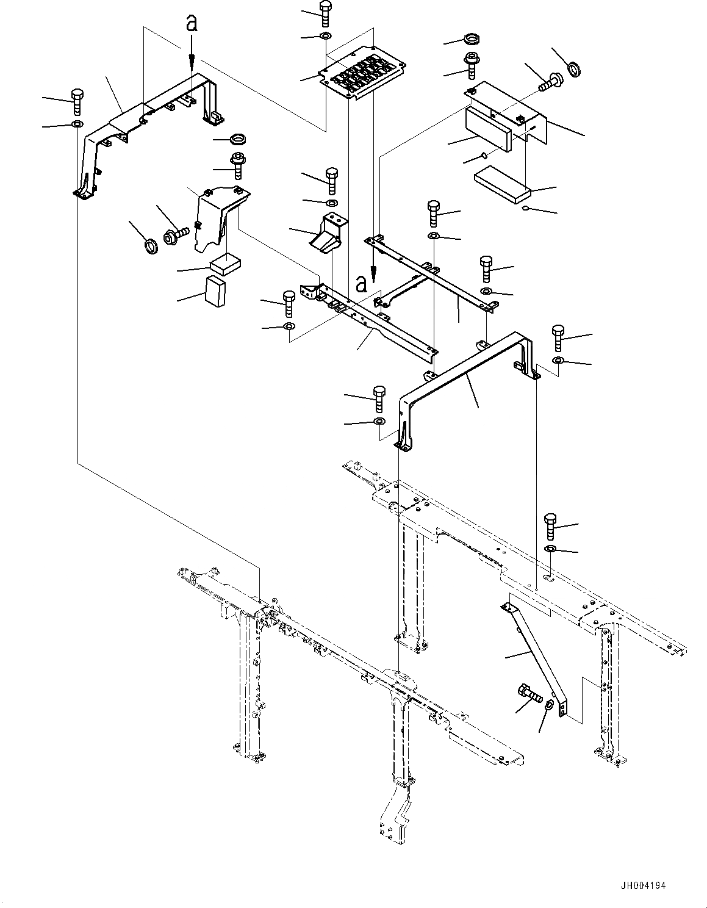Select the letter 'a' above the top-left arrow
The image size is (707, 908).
click(192, 24)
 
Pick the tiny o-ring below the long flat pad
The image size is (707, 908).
click(525, 208)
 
